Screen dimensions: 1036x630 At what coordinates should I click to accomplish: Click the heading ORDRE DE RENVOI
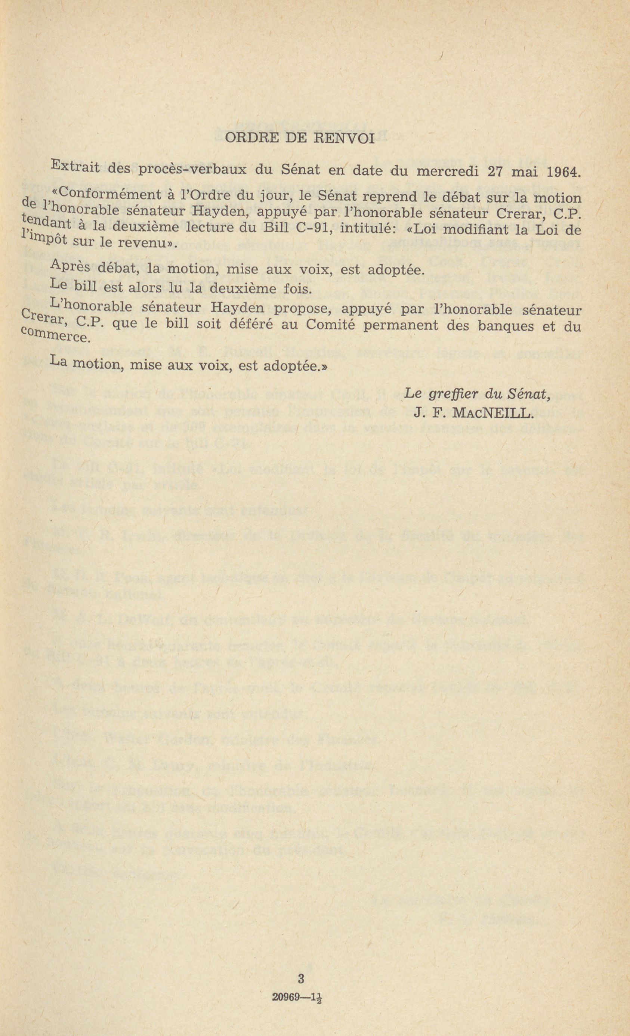pos(300,139)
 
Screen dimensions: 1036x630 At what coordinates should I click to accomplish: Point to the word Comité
pos(331,325)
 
